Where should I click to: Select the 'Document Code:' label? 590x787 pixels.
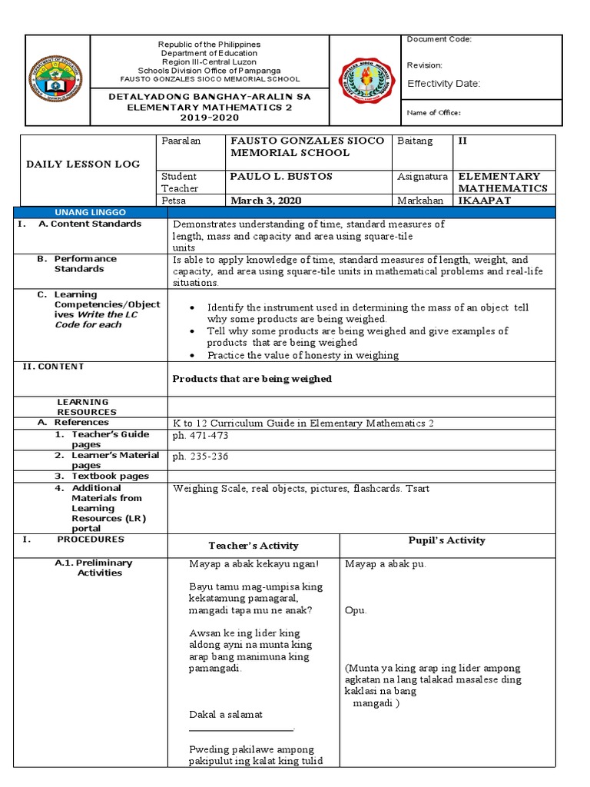(439, 39)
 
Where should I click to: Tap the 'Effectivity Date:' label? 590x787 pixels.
(443, 84)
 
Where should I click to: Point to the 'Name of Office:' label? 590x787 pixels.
(433, 113)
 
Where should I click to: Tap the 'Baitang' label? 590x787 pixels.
(415, 141)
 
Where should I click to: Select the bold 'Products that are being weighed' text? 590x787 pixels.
(252, 379)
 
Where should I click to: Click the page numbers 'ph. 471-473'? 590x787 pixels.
(201, 436)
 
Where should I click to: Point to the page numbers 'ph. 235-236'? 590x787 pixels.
(201, 457)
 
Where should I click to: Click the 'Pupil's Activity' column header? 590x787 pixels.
(446, 540)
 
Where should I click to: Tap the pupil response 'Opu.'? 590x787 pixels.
(356, 610)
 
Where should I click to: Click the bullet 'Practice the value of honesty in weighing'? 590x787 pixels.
(303, 355)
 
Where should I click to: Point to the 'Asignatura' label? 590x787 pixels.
(423, 177)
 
